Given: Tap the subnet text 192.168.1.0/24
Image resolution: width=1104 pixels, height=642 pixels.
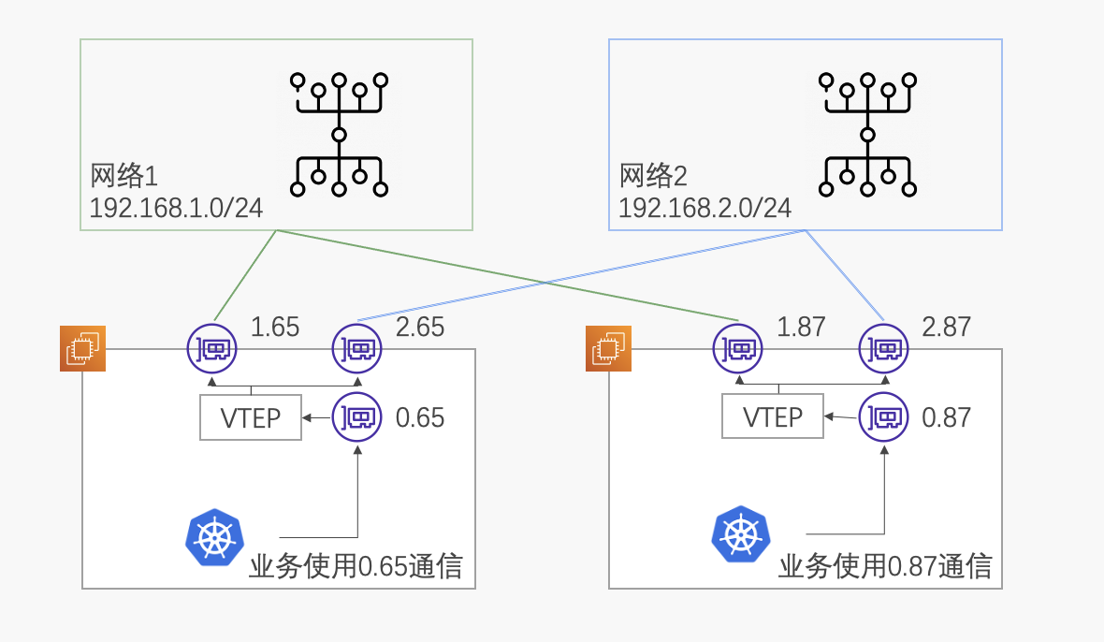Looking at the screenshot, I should (176, 208).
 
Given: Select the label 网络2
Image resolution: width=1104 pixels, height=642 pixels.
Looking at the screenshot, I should (653, 175).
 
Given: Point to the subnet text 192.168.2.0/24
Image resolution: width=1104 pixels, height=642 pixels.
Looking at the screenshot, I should (705, 208).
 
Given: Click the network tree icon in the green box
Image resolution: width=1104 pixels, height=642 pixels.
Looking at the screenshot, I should (339, 134).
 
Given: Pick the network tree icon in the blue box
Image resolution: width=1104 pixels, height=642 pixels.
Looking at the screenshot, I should (867, 134).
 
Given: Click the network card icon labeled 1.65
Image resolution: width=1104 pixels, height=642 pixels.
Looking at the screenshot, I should (211, 349).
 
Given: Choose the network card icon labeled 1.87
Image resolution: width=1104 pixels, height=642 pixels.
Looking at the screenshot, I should (737, 349).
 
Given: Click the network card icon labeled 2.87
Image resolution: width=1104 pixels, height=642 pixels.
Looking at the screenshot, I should (884, 349).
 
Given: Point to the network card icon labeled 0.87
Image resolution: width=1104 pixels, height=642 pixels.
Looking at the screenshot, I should (884, 416).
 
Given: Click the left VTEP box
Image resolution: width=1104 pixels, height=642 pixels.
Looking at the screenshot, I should (251, 417).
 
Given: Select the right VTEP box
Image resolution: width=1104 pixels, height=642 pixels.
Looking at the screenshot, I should (773, 417).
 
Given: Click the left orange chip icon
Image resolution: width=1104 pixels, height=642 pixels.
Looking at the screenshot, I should (83, 349).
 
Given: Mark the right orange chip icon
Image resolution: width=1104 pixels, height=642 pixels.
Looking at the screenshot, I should (609, 349).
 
